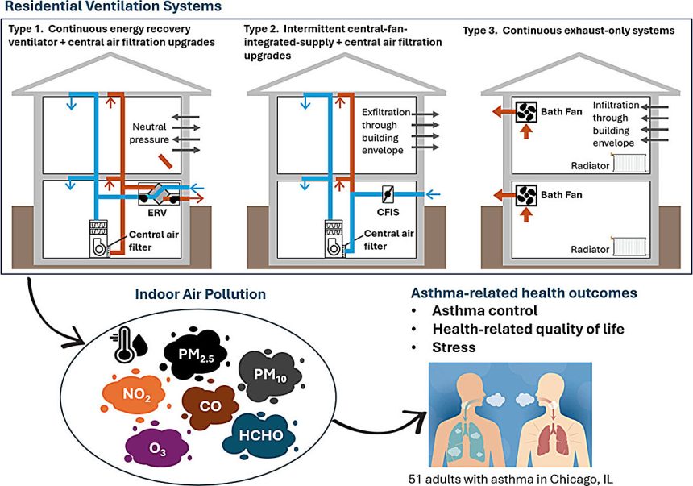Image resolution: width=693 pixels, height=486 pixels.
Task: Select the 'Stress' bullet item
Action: tap(454, 347)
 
